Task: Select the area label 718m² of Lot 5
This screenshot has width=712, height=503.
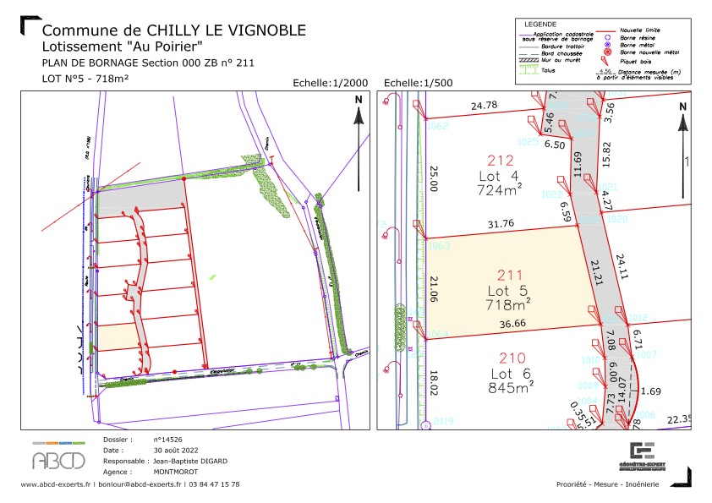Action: (508, 303)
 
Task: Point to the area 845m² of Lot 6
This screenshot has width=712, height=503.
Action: (511, 388)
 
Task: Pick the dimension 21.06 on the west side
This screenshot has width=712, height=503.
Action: (434, 287)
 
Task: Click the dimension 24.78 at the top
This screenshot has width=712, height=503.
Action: (484, 106)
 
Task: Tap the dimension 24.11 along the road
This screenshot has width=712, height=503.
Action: (622, 266)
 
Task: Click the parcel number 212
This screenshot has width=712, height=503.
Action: (501, 160)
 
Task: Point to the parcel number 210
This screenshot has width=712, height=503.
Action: (510, 359)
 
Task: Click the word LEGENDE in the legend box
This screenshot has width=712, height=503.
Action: (541, 24)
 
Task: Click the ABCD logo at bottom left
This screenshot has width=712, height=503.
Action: (58, 458)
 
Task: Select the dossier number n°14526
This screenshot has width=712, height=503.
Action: (169, 440)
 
